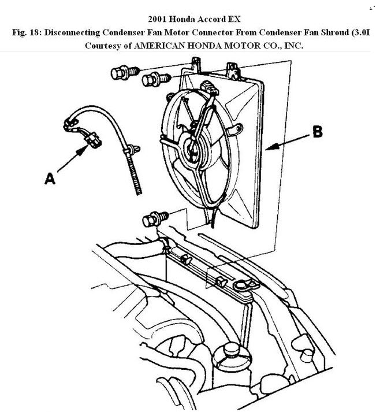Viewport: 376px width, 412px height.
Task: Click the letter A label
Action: (50, 180)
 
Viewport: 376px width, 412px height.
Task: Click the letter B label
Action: (317, 132)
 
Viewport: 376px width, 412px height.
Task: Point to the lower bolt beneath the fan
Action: (151, 220)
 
